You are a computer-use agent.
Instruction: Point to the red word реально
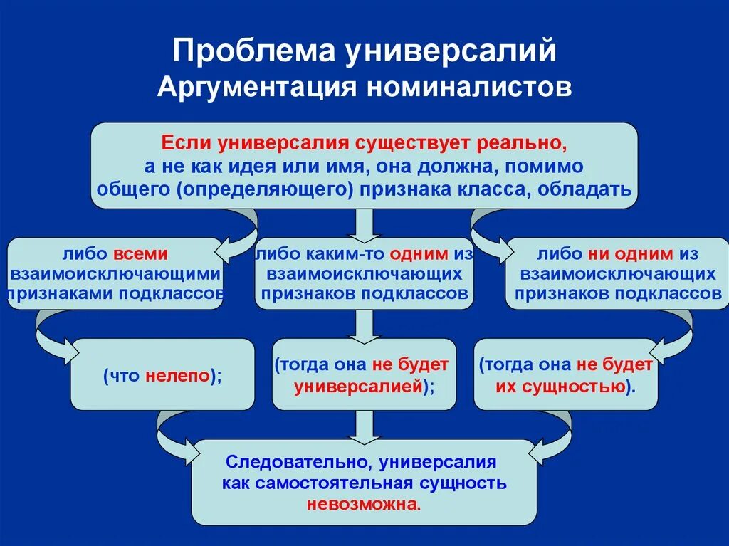527,142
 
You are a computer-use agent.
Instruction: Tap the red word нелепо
179,375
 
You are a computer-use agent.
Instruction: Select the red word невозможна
363,504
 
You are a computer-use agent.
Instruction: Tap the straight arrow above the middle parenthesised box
364,326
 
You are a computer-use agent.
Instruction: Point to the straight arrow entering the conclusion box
364,426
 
